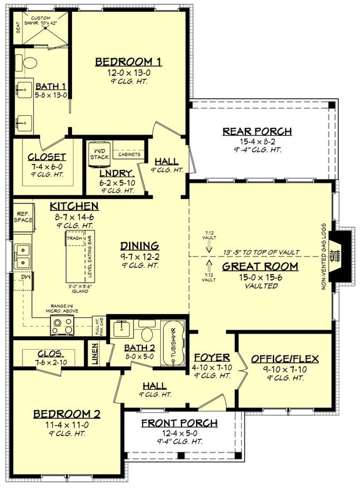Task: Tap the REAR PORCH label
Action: pyautogui.click(x=257, y=131)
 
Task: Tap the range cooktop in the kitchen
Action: pyautogui.click(x=62, y=325)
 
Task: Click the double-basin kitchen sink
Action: pyautogui.click(x=23, y=254)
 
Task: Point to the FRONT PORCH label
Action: pyautogui.click(x=179, y=423)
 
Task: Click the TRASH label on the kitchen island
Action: pyautogui.click(x=75, y=238)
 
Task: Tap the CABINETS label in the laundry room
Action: pyautogui.click(x=129, y=154)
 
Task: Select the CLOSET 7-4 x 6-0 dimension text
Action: pyautogui.click(x=48, y=167)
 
